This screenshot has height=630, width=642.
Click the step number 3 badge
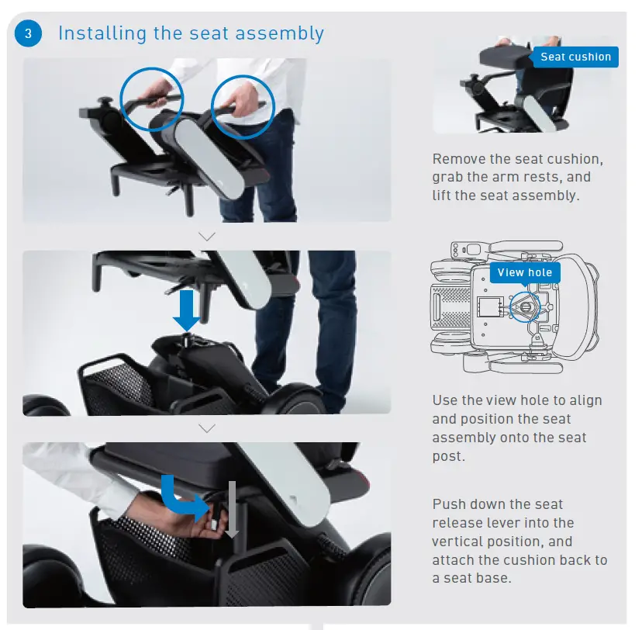coord(29,33)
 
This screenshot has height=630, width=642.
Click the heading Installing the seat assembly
coord(191,33)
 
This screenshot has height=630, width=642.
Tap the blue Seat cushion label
coord(575,57)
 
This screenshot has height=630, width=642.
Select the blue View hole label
coord(525,272)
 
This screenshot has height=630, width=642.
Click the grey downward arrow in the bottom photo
coord(230,508)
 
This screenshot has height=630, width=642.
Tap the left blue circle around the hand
coord(152,96)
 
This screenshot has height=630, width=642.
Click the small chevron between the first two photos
coord(207,236)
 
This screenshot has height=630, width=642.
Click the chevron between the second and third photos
coord(207,428)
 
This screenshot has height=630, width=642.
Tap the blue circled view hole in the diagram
coord(528,306)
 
